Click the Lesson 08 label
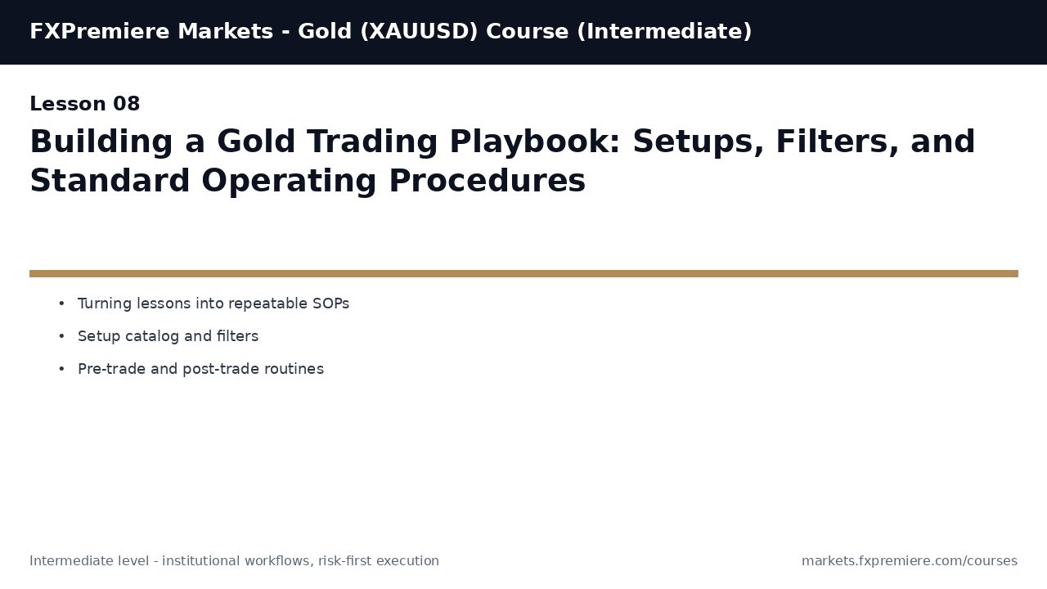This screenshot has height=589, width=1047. coord(85,105)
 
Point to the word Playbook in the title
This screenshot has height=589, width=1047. coord(537,143)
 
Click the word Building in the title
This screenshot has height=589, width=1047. coord(101,143)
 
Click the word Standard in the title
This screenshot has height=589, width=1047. coord(109,182)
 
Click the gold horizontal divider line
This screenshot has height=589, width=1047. coord(523,274)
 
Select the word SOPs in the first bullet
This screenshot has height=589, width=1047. coord(330,304)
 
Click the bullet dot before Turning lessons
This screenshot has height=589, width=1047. coord(61,304)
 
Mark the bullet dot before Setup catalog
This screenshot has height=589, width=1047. coord(61,337)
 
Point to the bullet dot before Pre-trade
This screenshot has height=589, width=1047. coord(61,370)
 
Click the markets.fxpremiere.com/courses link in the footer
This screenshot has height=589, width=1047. coord(909,561)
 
